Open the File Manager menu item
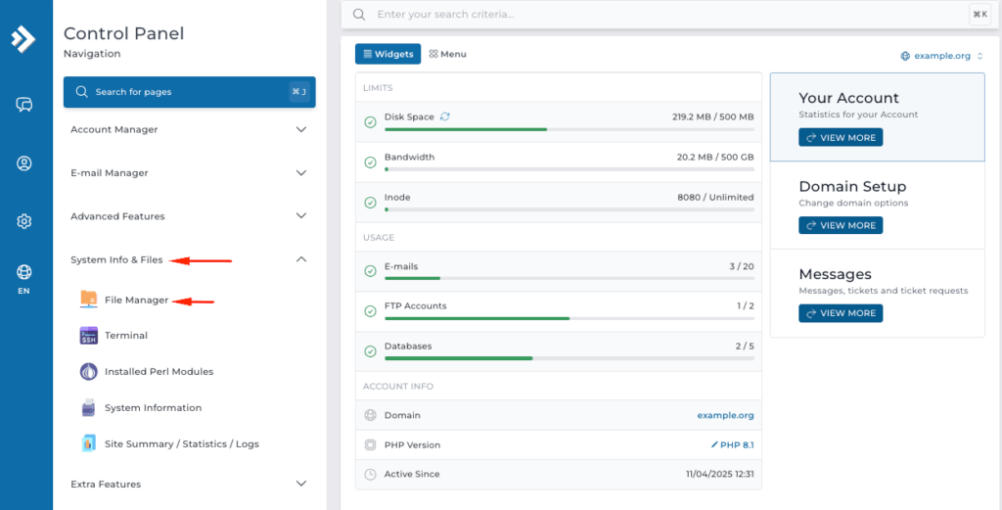(x=136, y=300)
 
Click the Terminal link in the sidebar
(x=126, y=336)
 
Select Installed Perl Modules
(x=159, y=372)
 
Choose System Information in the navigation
(x=153, y=408)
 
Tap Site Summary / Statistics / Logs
(x=181, y=444)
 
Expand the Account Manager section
(x=300, y=129)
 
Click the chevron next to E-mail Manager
(x=300, y=173)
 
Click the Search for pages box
(x=189, y=92)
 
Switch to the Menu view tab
(x=447, y=54)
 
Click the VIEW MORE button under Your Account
(x=841, y=138)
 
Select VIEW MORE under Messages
(x=841, y=313)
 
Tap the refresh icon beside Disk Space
(x=445, y=116)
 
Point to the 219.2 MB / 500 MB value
(x=712, y=116)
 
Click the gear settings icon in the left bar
(x=24, y=221)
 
